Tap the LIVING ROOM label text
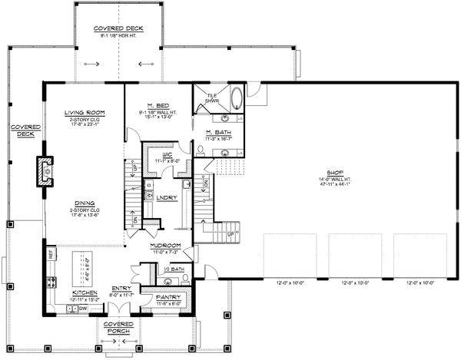click(85, 112)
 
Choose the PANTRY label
click(168, 296)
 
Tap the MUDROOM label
click(165, 246)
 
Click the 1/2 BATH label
click(173, 269)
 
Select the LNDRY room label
click(167, 197)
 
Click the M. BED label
click(159, 106)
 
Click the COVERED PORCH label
click(119, 329)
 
